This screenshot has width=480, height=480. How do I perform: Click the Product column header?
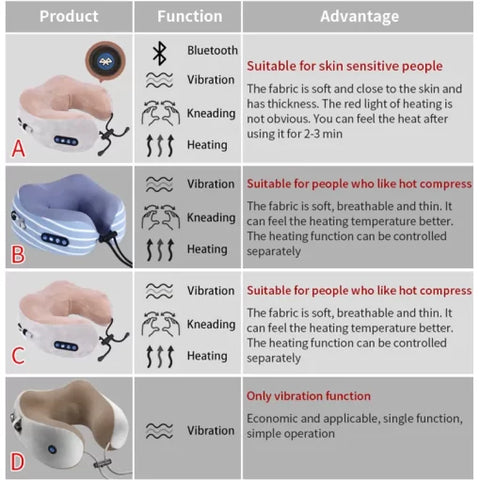coord(67,16)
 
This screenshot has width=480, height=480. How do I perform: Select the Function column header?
coord(189,16)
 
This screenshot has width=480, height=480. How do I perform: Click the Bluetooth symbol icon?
coord(160,52)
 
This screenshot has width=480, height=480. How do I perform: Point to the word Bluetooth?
coord(212,50)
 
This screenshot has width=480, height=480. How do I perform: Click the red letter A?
coord(17,149)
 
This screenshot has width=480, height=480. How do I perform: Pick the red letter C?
coord(17,355)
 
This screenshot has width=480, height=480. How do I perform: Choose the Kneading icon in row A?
coord(160,114)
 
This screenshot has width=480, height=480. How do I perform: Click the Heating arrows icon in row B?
coord(160,250)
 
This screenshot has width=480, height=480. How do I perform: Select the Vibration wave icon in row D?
coord(160,432)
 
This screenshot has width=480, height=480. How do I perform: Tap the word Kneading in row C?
coord(211,324)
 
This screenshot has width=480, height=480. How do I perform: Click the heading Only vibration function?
coord(308,396)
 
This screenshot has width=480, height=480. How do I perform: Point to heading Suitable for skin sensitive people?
coord(344,66)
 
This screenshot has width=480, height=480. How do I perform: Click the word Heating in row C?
coord(207,356)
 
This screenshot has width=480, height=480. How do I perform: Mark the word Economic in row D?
coord(275,418)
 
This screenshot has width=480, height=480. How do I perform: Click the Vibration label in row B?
coord(211,184)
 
